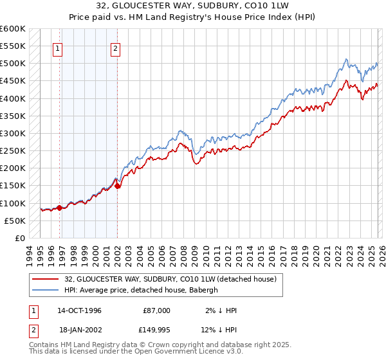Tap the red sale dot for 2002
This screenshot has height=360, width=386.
118,186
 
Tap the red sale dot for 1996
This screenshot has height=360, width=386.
59,208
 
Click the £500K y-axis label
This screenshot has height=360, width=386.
14,63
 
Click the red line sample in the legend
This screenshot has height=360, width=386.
46,279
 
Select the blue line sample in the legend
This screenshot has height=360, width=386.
46,290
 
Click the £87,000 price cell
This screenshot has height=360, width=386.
157,310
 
